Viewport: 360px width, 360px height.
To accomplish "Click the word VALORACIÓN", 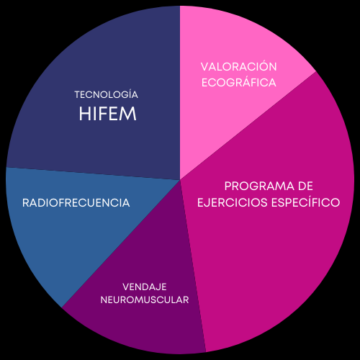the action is [x=239, y=66].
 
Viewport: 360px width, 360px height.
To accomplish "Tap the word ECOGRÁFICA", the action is [x=239, y=82].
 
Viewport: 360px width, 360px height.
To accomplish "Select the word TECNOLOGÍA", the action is [x=107, y=94].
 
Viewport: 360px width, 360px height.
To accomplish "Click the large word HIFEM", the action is [x=108, y=114].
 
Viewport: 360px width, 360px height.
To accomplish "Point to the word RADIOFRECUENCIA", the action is [x=76, y=203].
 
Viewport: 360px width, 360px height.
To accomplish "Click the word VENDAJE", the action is [x=145, y=287].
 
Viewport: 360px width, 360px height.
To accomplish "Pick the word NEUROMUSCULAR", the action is [x=145, y=300].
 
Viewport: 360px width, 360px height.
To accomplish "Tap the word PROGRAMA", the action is [x=258, y=186].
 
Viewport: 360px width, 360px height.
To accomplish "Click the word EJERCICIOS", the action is [x=233, y=202].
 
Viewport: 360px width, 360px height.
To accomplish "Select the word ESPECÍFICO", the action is [x=306, y=202].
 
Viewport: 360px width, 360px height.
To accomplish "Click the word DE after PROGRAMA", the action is [x=305, y=186].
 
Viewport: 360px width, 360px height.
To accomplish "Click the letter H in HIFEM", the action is [x=84, y=114].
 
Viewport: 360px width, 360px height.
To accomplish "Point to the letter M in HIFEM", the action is [x=129, y=114].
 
